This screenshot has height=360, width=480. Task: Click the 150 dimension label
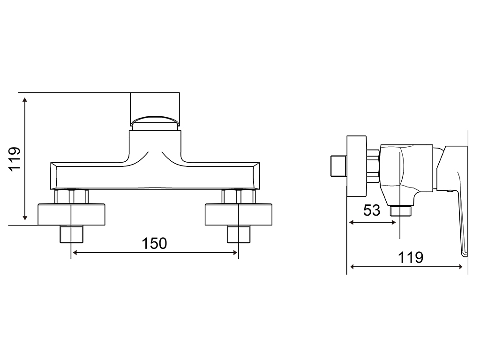click(x=154, y=243)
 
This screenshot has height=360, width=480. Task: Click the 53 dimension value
click(x=372, y=210)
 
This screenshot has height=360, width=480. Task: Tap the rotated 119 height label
click(x=15, y=159)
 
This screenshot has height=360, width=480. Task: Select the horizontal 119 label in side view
click(x=411, y=257)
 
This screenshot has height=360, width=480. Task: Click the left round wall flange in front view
click(x=71, y=214)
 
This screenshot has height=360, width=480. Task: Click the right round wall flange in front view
click(x=239, y=214)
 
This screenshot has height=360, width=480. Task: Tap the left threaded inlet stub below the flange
click(x=71, y=234)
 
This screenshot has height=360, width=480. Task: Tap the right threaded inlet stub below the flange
click(x=239, y=234)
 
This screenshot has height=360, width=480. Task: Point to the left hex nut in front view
click(x=71, y=196)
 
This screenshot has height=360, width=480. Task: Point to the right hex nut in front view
click(x=239, y=196)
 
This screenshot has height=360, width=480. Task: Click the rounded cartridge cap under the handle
click(x=155, y=121)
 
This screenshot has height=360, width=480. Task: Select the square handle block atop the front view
click(x=155, y=109)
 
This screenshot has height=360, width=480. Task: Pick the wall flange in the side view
click(x=357, y=166)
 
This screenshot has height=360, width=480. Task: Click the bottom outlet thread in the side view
click(x=401, y=210)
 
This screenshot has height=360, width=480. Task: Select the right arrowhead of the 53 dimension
click(x=394, y=223)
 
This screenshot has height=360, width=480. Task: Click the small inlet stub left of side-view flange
click(x=339, y=166)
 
